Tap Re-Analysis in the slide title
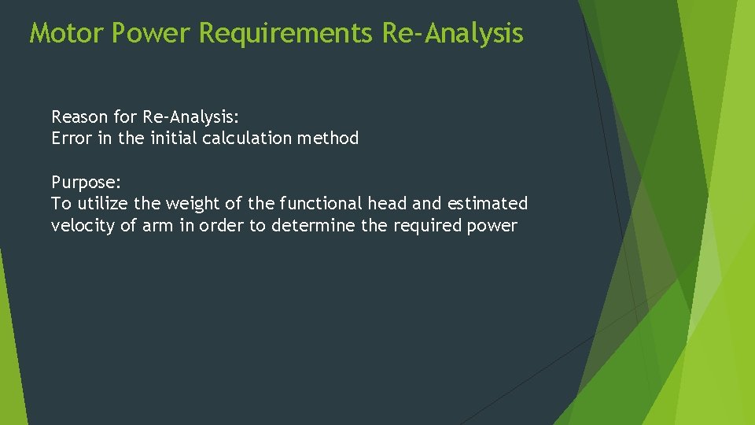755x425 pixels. coord(452,33)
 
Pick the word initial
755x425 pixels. coord(171,139)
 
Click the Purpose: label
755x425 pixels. coord(87,182)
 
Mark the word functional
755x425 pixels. coord(319,203)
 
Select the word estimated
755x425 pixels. coord(488,203)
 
